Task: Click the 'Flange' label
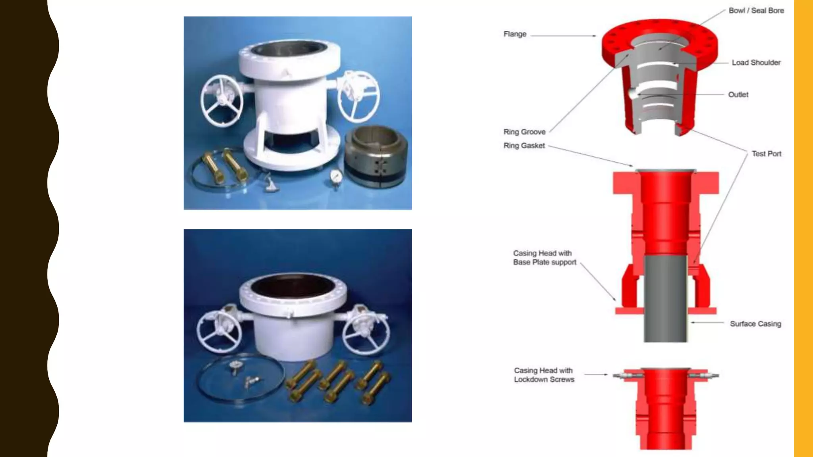(x=514, y=34)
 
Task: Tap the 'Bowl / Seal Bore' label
(x=756, y=11)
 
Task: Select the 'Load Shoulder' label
(x=756, y=63)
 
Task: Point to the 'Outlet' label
(x=738, y=95)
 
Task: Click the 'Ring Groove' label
(x=524, y=132)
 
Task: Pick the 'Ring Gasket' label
(x=524, y=146)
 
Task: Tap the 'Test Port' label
(x=766, y=154)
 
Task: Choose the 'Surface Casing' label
(x=755, y=324)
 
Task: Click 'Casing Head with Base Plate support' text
(x=544, y=258)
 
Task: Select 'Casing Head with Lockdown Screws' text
(x=544, y=375)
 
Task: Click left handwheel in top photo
(x=222, y=101)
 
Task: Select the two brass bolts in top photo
(x=222, y=167)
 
